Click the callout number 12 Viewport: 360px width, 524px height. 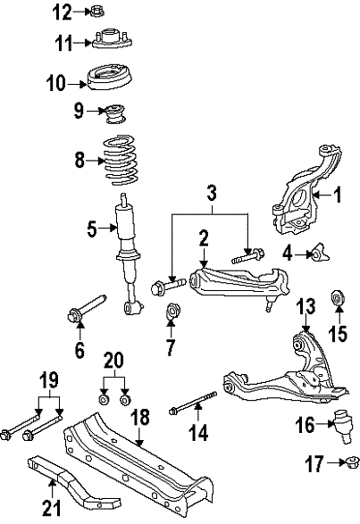click(61, 12)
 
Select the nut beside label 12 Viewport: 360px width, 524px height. click(97, 12)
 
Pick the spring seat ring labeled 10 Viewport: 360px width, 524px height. click(112, 80)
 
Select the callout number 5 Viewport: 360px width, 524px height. click(92, 229)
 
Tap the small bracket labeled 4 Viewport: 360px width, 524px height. click(317, 254)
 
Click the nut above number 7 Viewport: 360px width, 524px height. click(173, 312)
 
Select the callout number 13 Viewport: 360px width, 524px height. click(306, 307)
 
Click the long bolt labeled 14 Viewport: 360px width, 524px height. click(193, 411)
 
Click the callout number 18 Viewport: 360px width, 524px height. click(139, 417)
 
